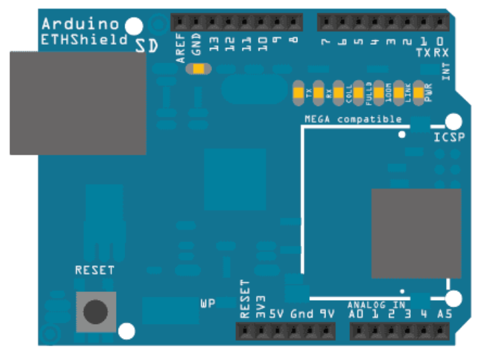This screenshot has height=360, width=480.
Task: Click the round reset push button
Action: click(96, 311)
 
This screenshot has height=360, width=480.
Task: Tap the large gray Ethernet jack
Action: click(77, 103)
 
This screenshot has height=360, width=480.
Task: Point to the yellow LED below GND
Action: click(198, 69)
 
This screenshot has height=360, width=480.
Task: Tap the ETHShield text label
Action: click(84, 39)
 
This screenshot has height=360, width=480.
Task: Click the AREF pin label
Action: click(181, 50)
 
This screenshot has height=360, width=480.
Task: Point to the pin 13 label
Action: click(214, 45)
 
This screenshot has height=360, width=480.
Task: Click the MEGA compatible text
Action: click(353, 119)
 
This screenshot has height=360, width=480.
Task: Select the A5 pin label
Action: click(445, 313)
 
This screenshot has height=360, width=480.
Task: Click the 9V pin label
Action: click(327, 313)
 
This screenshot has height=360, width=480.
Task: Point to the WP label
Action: click(208, 304)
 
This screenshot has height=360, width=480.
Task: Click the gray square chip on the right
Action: click(416, 233)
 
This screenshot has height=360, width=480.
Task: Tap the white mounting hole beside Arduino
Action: click(134, 26)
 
